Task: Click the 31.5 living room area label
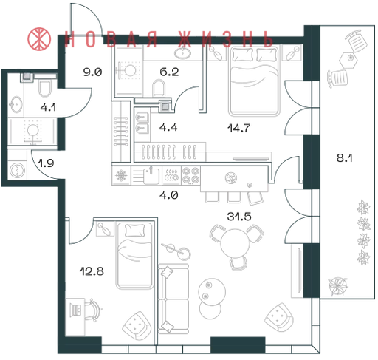(239, 217)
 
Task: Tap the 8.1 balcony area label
(344, 157)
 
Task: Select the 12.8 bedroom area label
(92, 271)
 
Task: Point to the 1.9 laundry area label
(46, 163)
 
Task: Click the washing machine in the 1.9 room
(17, 170)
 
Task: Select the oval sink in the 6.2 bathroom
(183, 52)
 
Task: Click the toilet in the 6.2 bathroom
(159, 88)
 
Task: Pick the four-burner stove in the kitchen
(191, 175)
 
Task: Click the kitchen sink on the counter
(151, 175)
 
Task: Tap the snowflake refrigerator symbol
(121, 175)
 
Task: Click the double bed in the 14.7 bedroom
(255, 81)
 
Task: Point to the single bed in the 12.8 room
(134, 255)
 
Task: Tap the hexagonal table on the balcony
(348, 60)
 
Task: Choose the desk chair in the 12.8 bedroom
(93, 310)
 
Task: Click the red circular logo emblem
(39, 39)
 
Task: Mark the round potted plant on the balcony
(338, 286)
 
